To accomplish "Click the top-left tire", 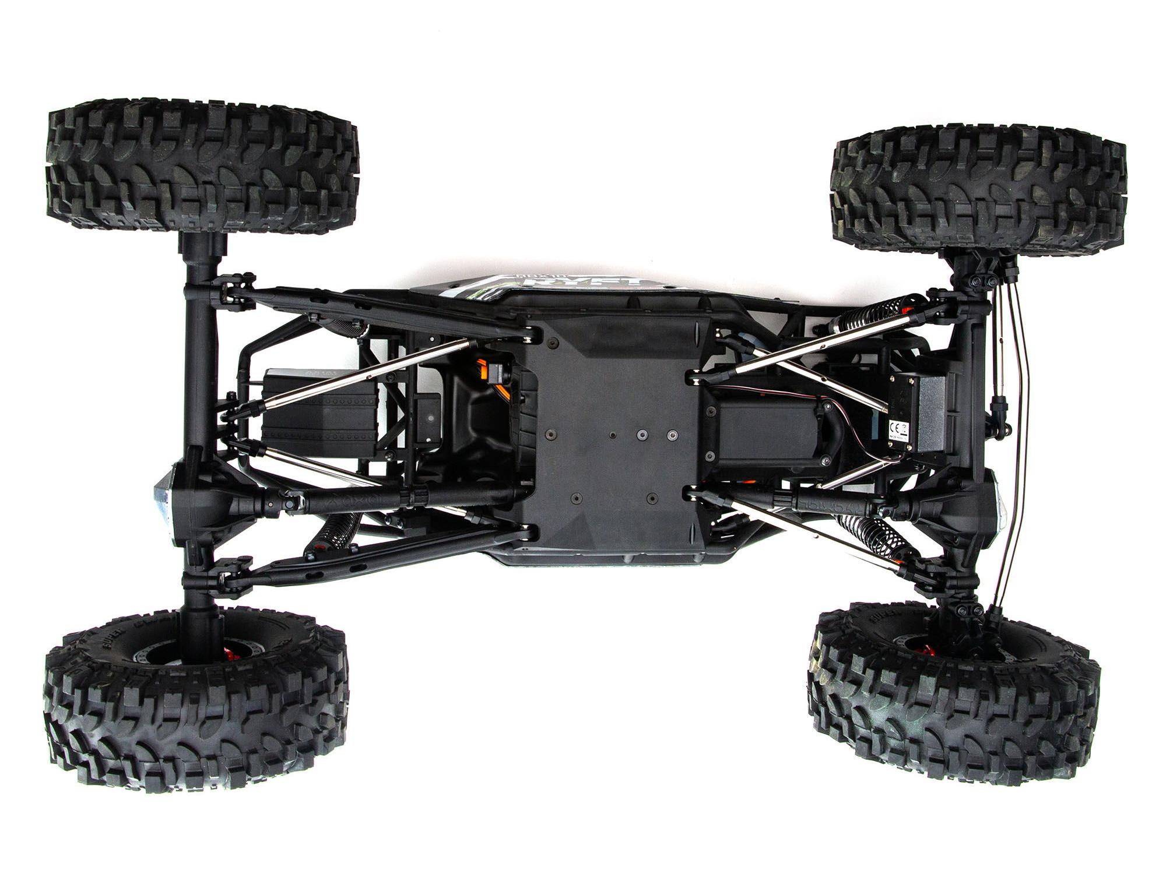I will (x=201, y=167).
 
